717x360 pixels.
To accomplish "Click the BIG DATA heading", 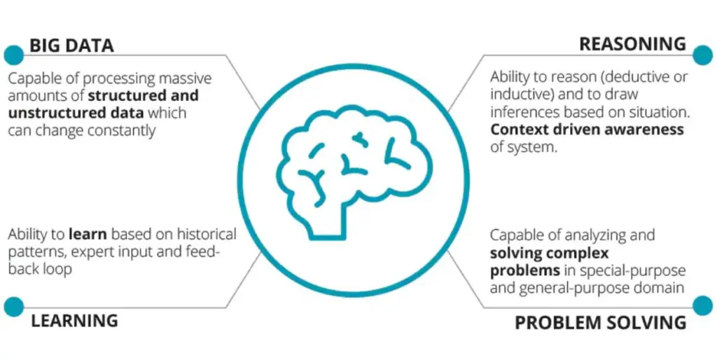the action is tap(72, 46).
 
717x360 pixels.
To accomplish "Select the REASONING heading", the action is tap(632, 44).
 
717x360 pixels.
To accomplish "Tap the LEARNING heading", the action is tap(74, 321).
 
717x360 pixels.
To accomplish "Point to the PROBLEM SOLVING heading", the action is tap(600, 322).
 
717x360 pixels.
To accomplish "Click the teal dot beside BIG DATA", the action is tap(14, 55).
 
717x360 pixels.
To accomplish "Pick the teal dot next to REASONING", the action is tap(703, 55).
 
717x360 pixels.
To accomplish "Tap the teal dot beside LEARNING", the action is tap(14, 307).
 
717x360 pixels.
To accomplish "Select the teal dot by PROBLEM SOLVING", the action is tap(703, 305).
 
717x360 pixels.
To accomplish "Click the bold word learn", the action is tap(88, 235).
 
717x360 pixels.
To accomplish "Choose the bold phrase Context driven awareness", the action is tap(587, 130).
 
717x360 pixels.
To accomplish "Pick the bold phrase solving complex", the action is tap(549, 253).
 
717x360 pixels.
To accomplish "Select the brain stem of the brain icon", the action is tap(328, 223).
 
